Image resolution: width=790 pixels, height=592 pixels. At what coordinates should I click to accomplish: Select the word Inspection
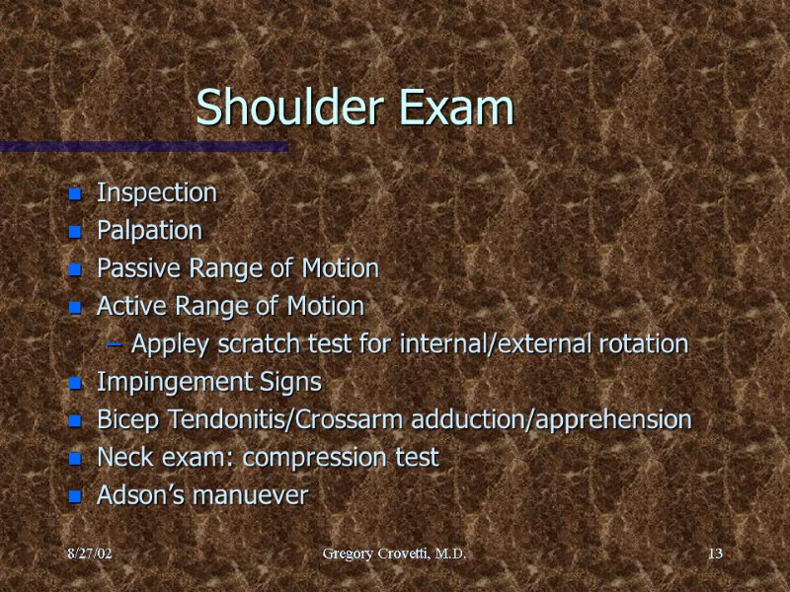pyautogui.click(x=156, y=192)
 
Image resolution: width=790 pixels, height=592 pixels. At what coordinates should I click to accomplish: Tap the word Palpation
pyautogui.click(x=149, y=231)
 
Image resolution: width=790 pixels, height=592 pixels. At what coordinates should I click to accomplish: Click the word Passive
pyautogui.click(x=132, y=268)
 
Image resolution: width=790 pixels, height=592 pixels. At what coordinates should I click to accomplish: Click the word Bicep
pyautogui.click(x=123, y=419)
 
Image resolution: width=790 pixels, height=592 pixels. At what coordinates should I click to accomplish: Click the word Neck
pyautogui.click(x=120, y=458)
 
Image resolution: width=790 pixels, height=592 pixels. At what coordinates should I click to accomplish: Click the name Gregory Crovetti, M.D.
pyautogui.click(x=394, y=556)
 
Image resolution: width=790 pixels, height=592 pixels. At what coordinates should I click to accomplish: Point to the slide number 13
pyautogui.click(x=715, y=556)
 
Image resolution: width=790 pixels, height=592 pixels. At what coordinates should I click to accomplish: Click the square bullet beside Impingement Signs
pyautogui.click(x=74, y=383)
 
